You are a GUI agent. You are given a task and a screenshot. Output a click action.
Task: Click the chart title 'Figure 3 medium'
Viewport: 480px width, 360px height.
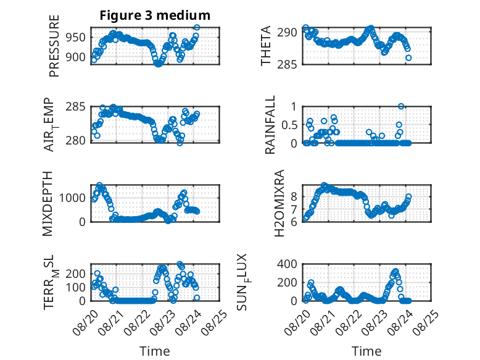point(155,15)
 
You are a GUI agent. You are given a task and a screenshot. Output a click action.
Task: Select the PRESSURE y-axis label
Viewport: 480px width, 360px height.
point(54,46)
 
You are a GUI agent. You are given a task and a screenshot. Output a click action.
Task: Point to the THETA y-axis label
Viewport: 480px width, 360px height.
point(266,46)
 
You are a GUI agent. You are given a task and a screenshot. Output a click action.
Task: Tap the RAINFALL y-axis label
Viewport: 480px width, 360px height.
point(270,125)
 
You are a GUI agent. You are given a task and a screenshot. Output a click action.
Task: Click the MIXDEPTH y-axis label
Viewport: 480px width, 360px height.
point(48,203)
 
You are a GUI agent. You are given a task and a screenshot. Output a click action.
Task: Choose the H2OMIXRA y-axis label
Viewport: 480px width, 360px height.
point(279,203)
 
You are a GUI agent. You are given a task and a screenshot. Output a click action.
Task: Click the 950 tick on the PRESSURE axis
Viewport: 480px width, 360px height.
point(76,38)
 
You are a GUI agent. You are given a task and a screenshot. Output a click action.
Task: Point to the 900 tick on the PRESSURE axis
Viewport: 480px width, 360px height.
point(76,57)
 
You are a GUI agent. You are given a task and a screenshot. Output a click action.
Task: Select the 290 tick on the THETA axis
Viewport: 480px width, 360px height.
point(287,32)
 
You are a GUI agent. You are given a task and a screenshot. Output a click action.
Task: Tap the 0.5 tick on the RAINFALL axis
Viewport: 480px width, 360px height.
point(289,125)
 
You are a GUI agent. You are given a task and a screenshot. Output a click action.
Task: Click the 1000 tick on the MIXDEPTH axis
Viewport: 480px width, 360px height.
point(72,198)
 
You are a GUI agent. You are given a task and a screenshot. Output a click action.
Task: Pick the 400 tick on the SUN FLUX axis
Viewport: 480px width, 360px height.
point(287,264)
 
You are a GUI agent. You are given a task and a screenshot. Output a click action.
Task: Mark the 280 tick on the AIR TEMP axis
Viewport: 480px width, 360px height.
point(76,141)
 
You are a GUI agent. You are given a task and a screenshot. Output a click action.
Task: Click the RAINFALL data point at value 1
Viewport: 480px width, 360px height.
point(401,106)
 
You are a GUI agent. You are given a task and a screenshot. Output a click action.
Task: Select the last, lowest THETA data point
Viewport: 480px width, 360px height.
point(408,58)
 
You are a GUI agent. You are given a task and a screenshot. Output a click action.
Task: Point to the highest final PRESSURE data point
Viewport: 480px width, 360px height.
point(197,28)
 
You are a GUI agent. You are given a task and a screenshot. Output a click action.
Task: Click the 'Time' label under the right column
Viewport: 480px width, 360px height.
point(366,351)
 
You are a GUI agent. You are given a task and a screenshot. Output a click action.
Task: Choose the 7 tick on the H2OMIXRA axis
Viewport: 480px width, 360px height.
point(294,210)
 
